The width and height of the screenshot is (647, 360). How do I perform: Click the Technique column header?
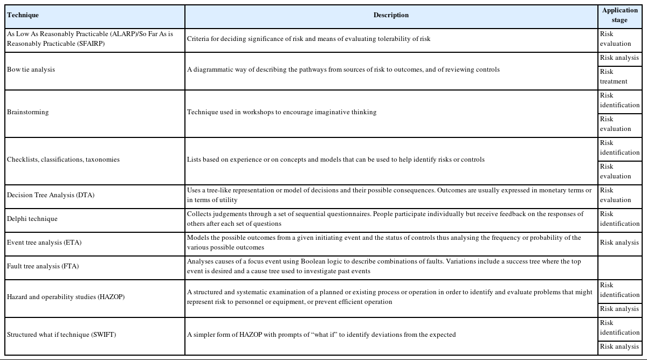[x=23, y=16]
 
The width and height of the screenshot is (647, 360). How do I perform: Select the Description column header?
[x=391, y=16]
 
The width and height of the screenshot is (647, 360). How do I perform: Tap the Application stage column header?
[x=620, y=15]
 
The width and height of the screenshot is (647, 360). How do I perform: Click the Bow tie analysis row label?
[x=31, y=70]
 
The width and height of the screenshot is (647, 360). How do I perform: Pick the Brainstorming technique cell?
[x=27, y=112]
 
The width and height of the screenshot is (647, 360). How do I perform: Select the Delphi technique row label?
[x=32, y=219]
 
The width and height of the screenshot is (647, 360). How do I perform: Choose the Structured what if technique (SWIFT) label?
[x=61, y=335]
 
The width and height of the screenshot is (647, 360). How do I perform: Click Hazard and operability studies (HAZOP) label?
[x=66, y=297]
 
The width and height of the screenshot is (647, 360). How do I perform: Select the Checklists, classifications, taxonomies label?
[x=63, y=160]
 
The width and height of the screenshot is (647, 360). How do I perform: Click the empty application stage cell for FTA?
[x=620, y=266]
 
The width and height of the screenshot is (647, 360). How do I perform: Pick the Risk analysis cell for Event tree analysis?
[x=619, y=243]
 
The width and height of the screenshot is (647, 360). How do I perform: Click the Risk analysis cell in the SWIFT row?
[x=619, y=347]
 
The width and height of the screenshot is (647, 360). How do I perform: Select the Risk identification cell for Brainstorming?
[x=619, y=100]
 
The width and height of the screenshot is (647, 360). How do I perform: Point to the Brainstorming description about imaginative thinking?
[x=281, y=112]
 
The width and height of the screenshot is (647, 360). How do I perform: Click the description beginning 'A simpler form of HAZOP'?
[x=321, y=335]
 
